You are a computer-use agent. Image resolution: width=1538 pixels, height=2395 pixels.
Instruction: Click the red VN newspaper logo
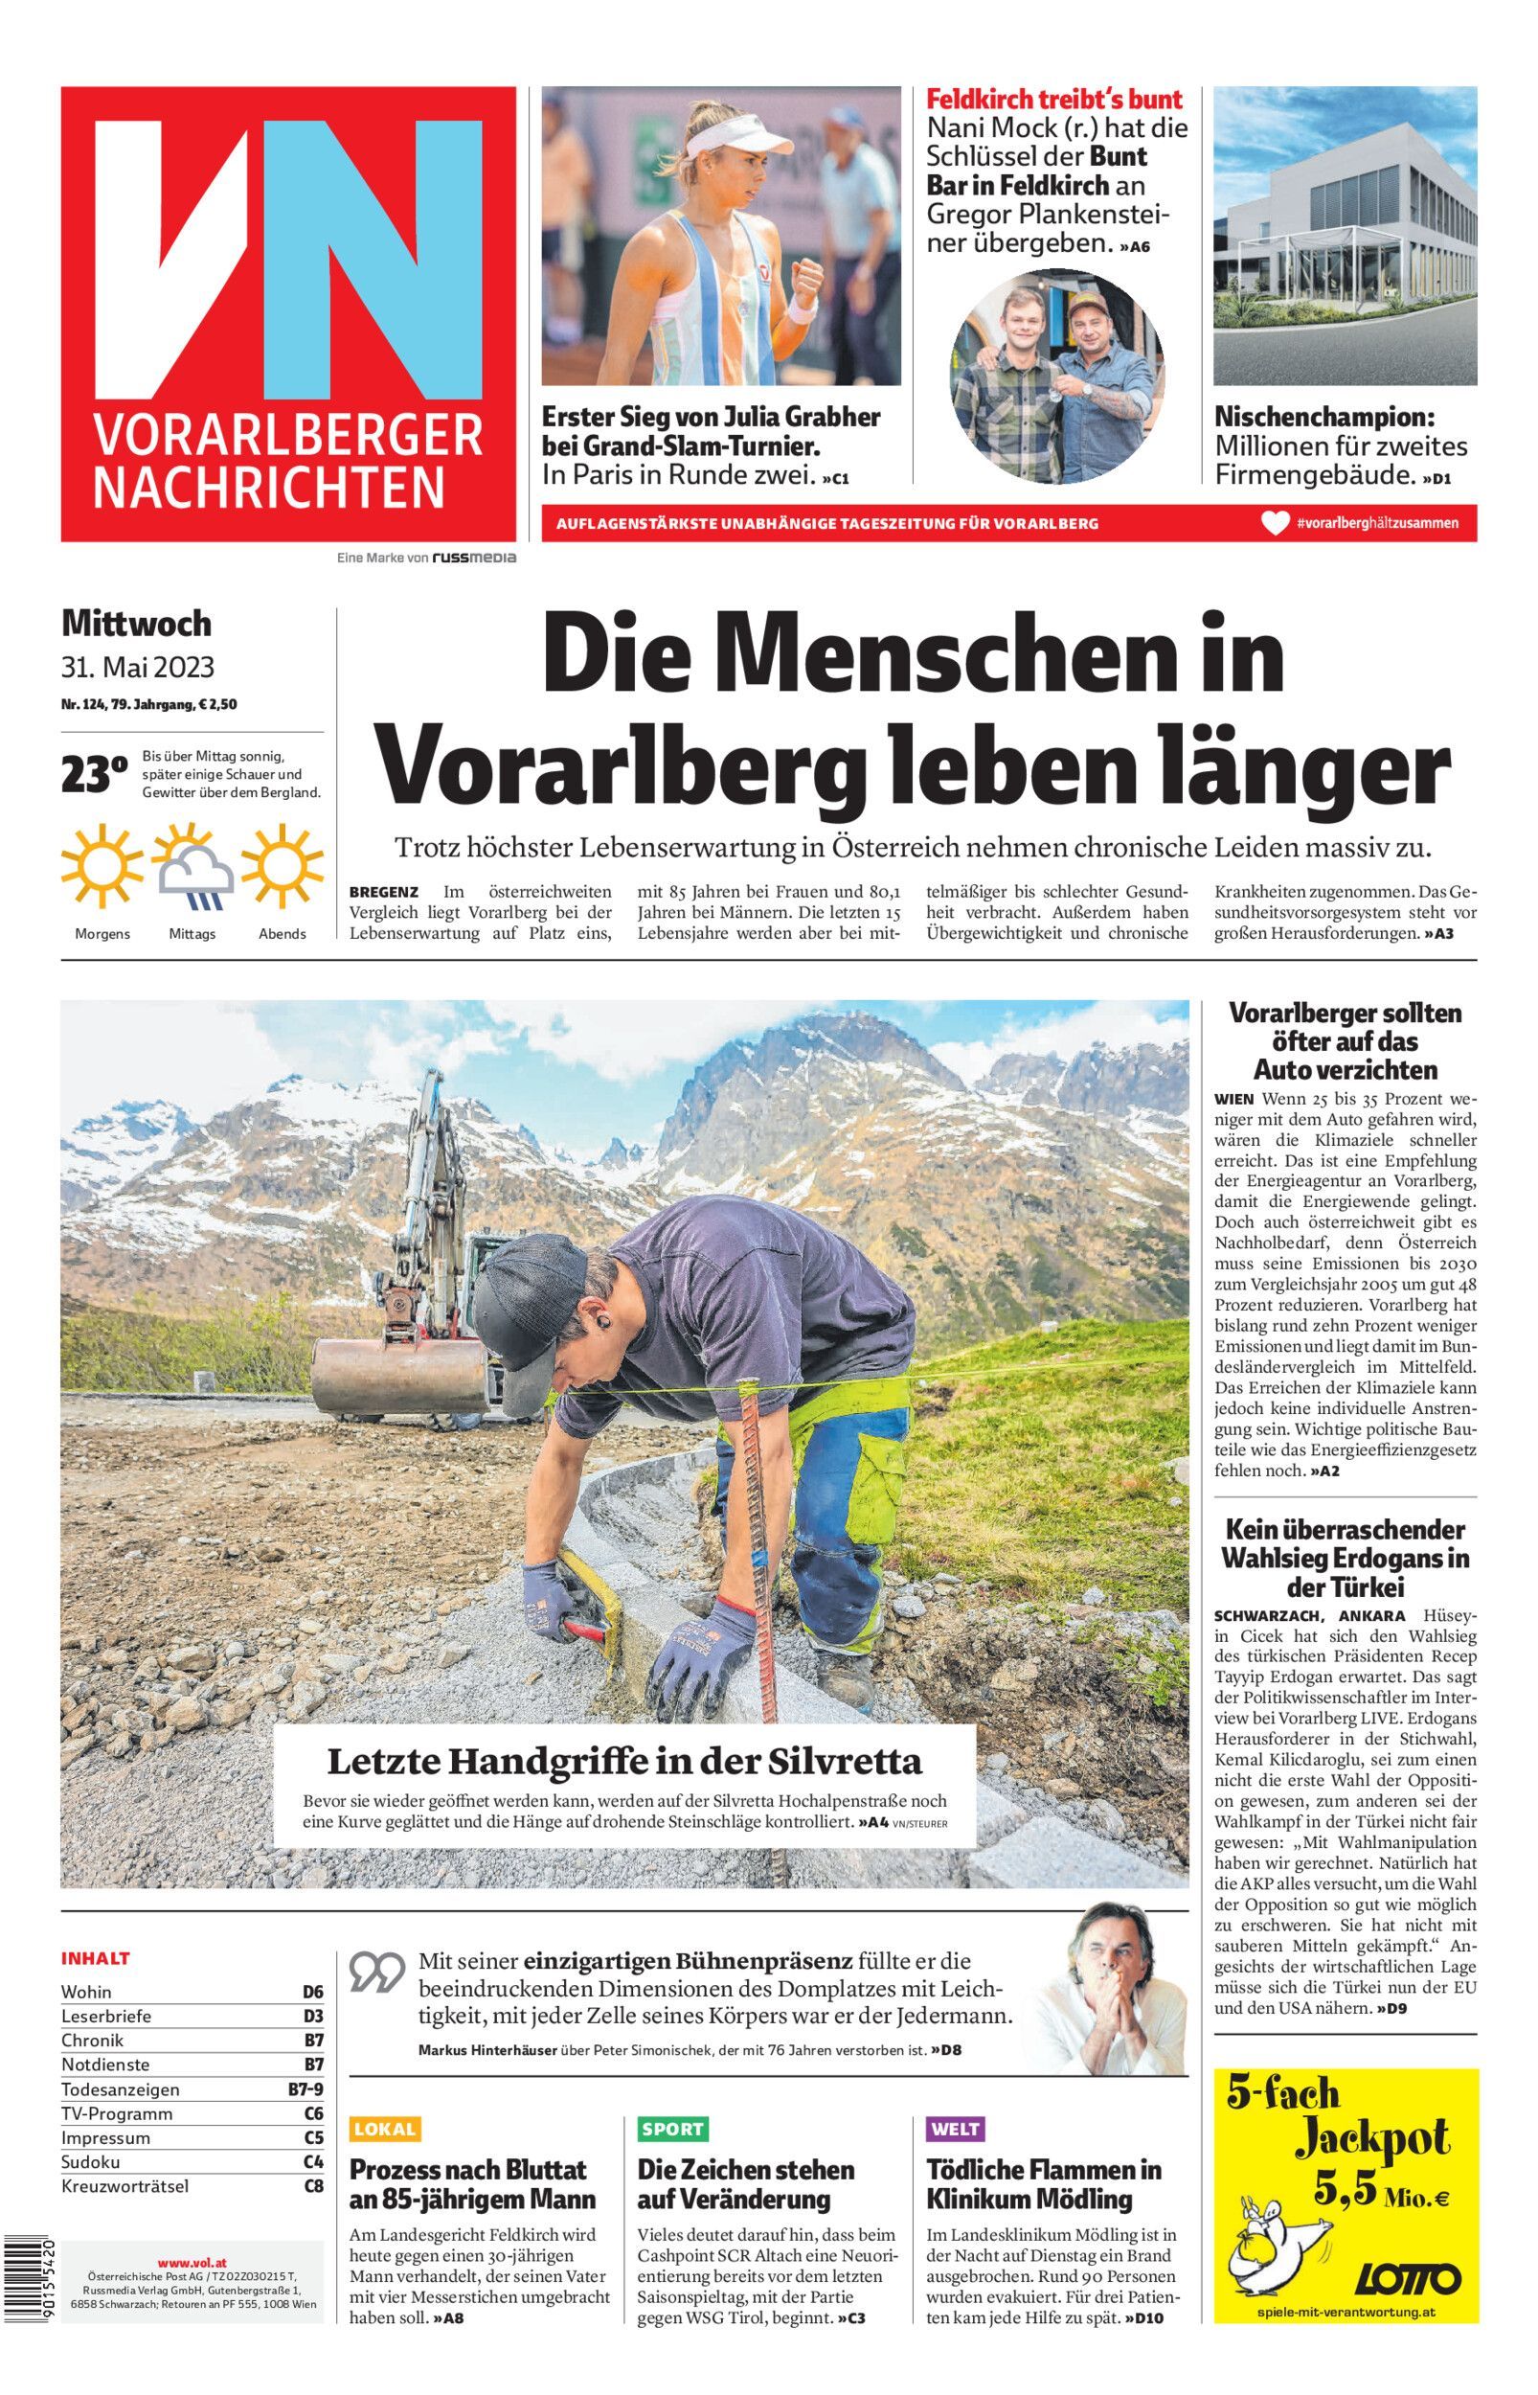click(287, 313)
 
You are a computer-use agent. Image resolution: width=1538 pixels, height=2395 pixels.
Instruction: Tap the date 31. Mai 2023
click(138, 666)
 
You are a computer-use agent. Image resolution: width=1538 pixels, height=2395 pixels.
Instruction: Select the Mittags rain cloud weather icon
click(192, 868)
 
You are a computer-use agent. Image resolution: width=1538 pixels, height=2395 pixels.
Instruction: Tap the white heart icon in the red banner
click(1275, 522)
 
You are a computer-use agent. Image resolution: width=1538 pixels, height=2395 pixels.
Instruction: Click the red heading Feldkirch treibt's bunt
click(1053, 100)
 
